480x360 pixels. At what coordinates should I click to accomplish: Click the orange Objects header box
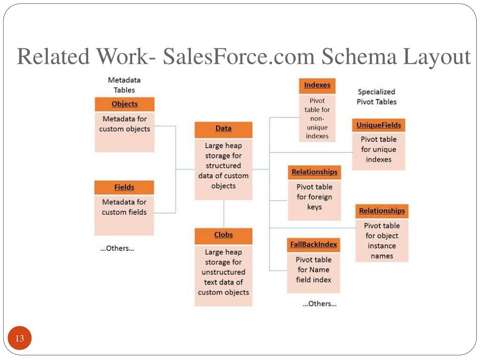point(124,104)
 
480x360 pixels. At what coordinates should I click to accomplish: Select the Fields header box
point(124,187)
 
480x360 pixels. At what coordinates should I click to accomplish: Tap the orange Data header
point(223,129)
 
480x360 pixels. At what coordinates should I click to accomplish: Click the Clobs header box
point(223,235)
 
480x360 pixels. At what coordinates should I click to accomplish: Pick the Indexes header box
point(317,86)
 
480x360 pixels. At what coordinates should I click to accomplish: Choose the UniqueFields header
point(378,126)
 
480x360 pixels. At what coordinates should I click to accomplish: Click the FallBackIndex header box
point(313,245)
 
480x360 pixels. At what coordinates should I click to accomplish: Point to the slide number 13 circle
point(20,338)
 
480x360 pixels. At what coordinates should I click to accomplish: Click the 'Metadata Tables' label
point(124,85)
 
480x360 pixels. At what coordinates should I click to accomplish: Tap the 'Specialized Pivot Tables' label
point(376,97)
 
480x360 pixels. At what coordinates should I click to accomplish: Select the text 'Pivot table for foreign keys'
point(314,197)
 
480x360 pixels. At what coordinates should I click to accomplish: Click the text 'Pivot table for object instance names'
point(382,241)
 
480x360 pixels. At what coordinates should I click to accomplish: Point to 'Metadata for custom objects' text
point(124,124)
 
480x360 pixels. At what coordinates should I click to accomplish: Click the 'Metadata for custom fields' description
point(124,207)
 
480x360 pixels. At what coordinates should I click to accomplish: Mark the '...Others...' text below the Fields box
point(117,248)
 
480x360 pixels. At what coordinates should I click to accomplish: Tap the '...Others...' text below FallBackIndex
point(319,304)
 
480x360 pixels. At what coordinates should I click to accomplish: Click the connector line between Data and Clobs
point(224,214)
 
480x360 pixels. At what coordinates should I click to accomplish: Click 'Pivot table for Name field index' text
point(313,270)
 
